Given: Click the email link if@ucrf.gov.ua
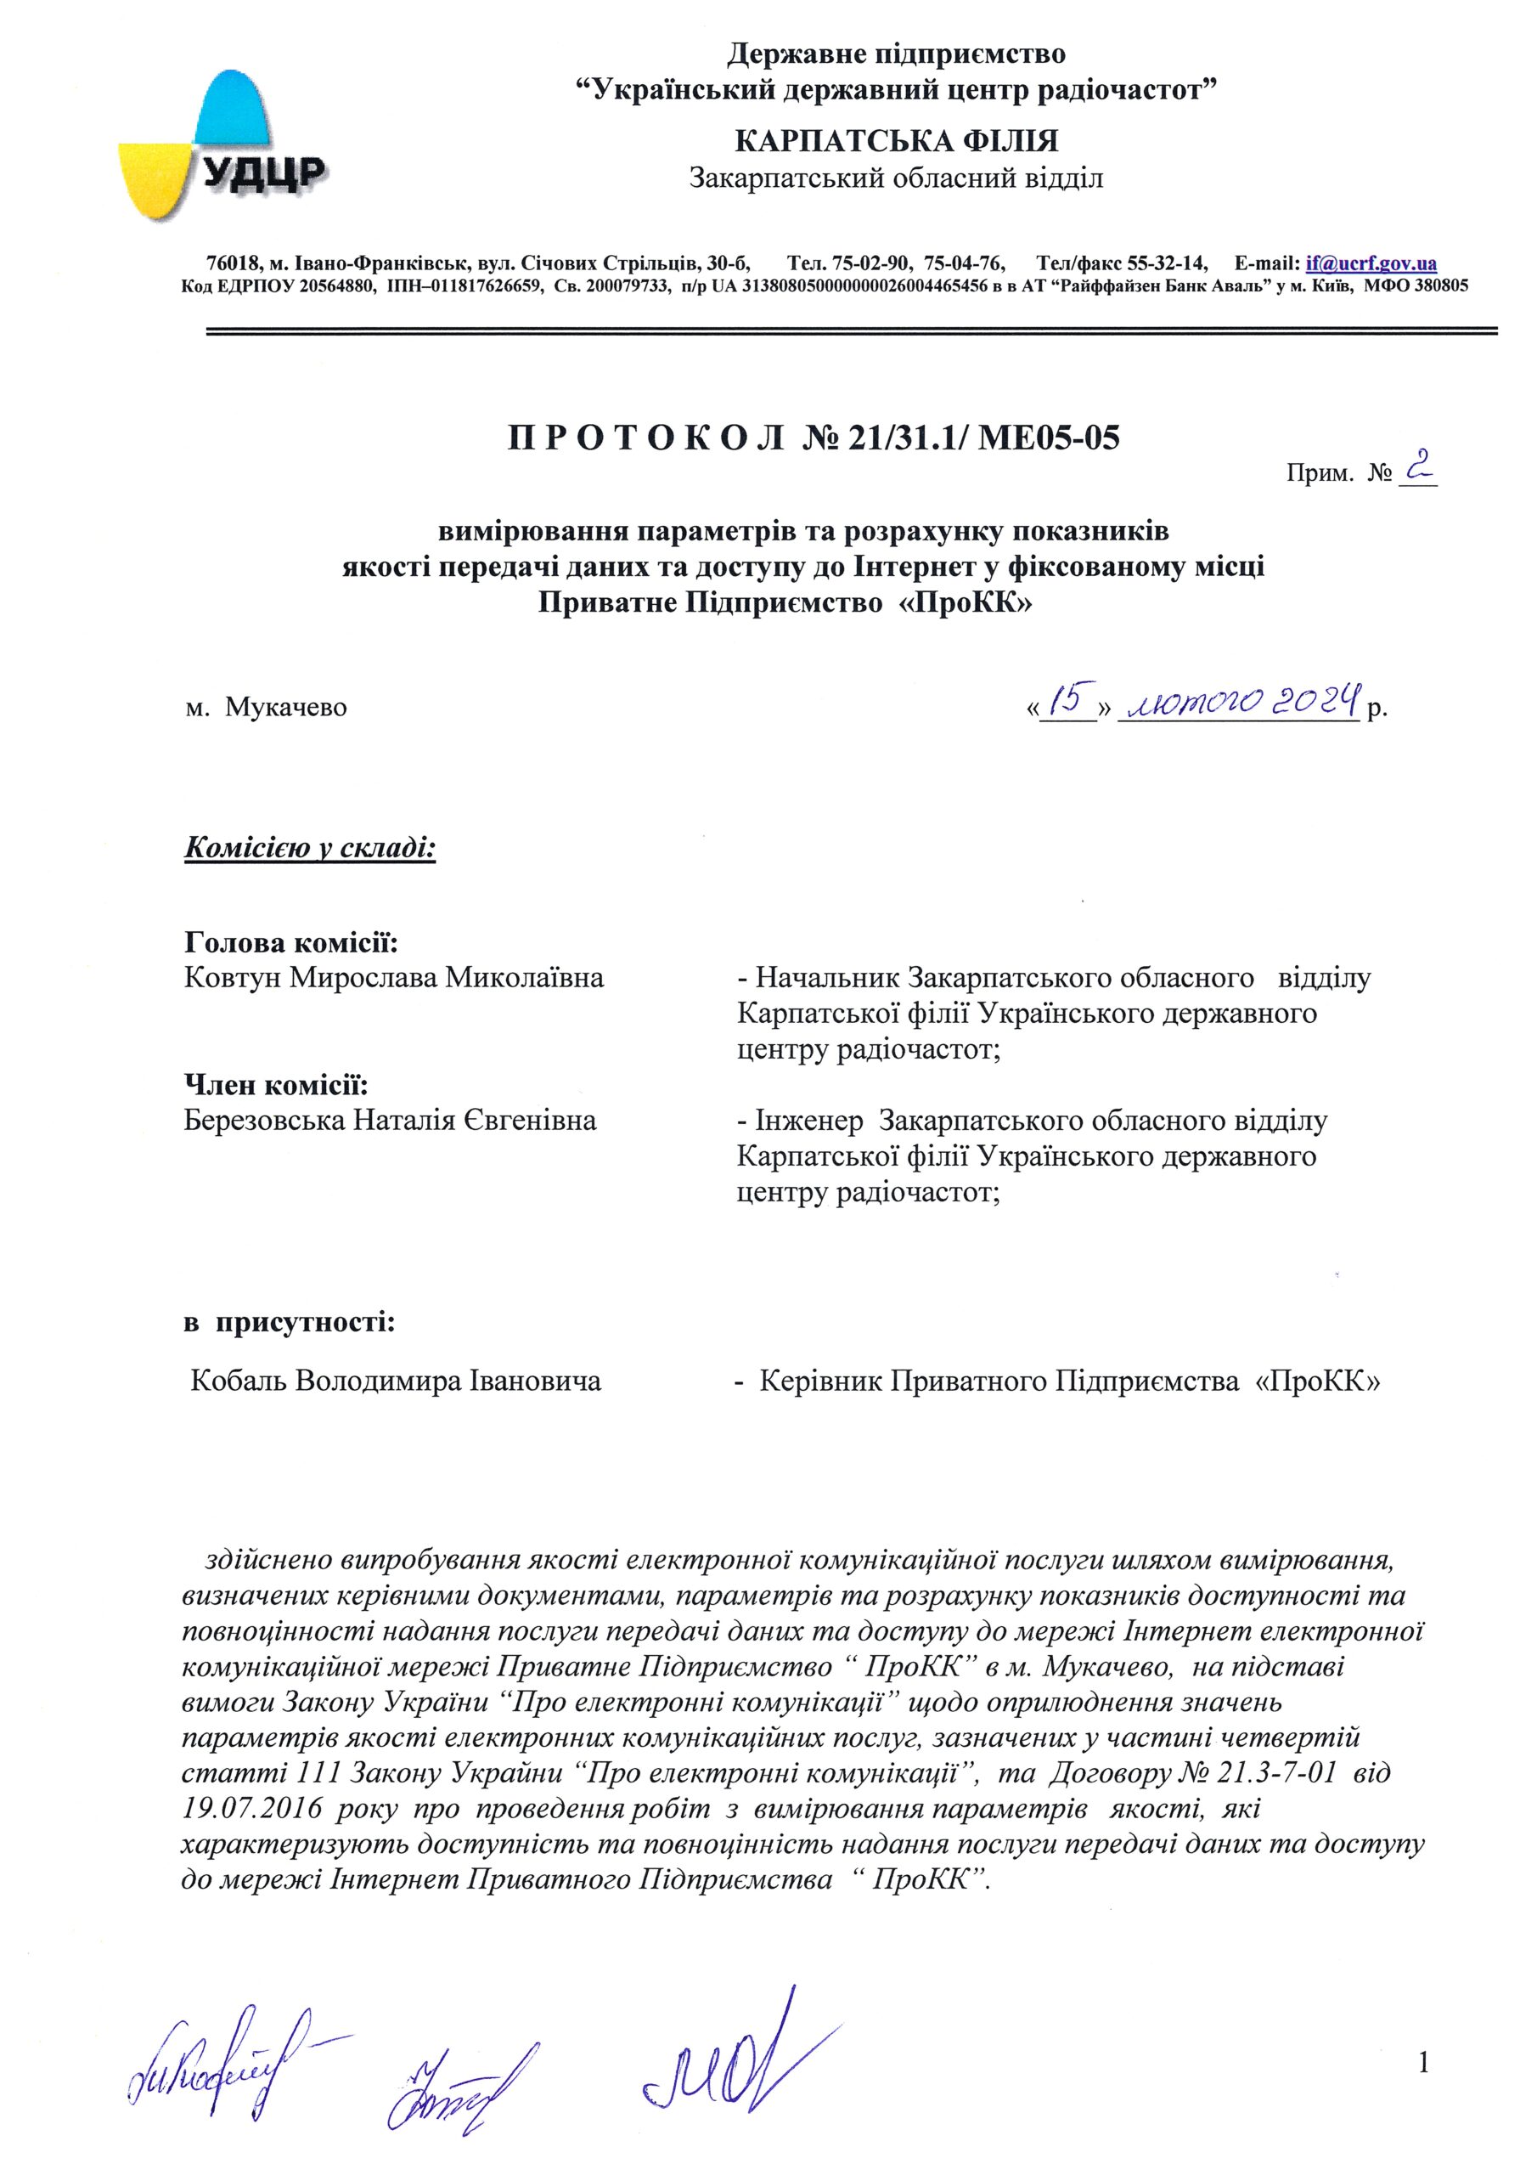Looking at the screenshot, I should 1371,263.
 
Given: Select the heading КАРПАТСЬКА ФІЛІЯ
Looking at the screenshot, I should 896,142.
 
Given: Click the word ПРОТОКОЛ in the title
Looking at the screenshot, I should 646,438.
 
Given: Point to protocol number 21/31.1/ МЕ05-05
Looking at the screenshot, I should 985,438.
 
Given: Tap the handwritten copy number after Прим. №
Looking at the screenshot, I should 1416,469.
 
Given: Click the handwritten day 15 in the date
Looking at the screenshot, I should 1068,702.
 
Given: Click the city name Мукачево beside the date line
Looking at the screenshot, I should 286,708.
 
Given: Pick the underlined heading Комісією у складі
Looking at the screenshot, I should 310,846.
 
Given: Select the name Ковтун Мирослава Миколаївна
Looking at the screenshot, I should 394,978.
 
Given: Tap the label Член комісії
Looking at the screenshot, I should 276,1086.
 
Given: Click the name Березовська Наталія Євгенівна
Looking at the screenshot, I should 390,1121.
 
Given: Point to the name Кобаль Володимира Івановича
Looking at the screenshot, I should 396,1381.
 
